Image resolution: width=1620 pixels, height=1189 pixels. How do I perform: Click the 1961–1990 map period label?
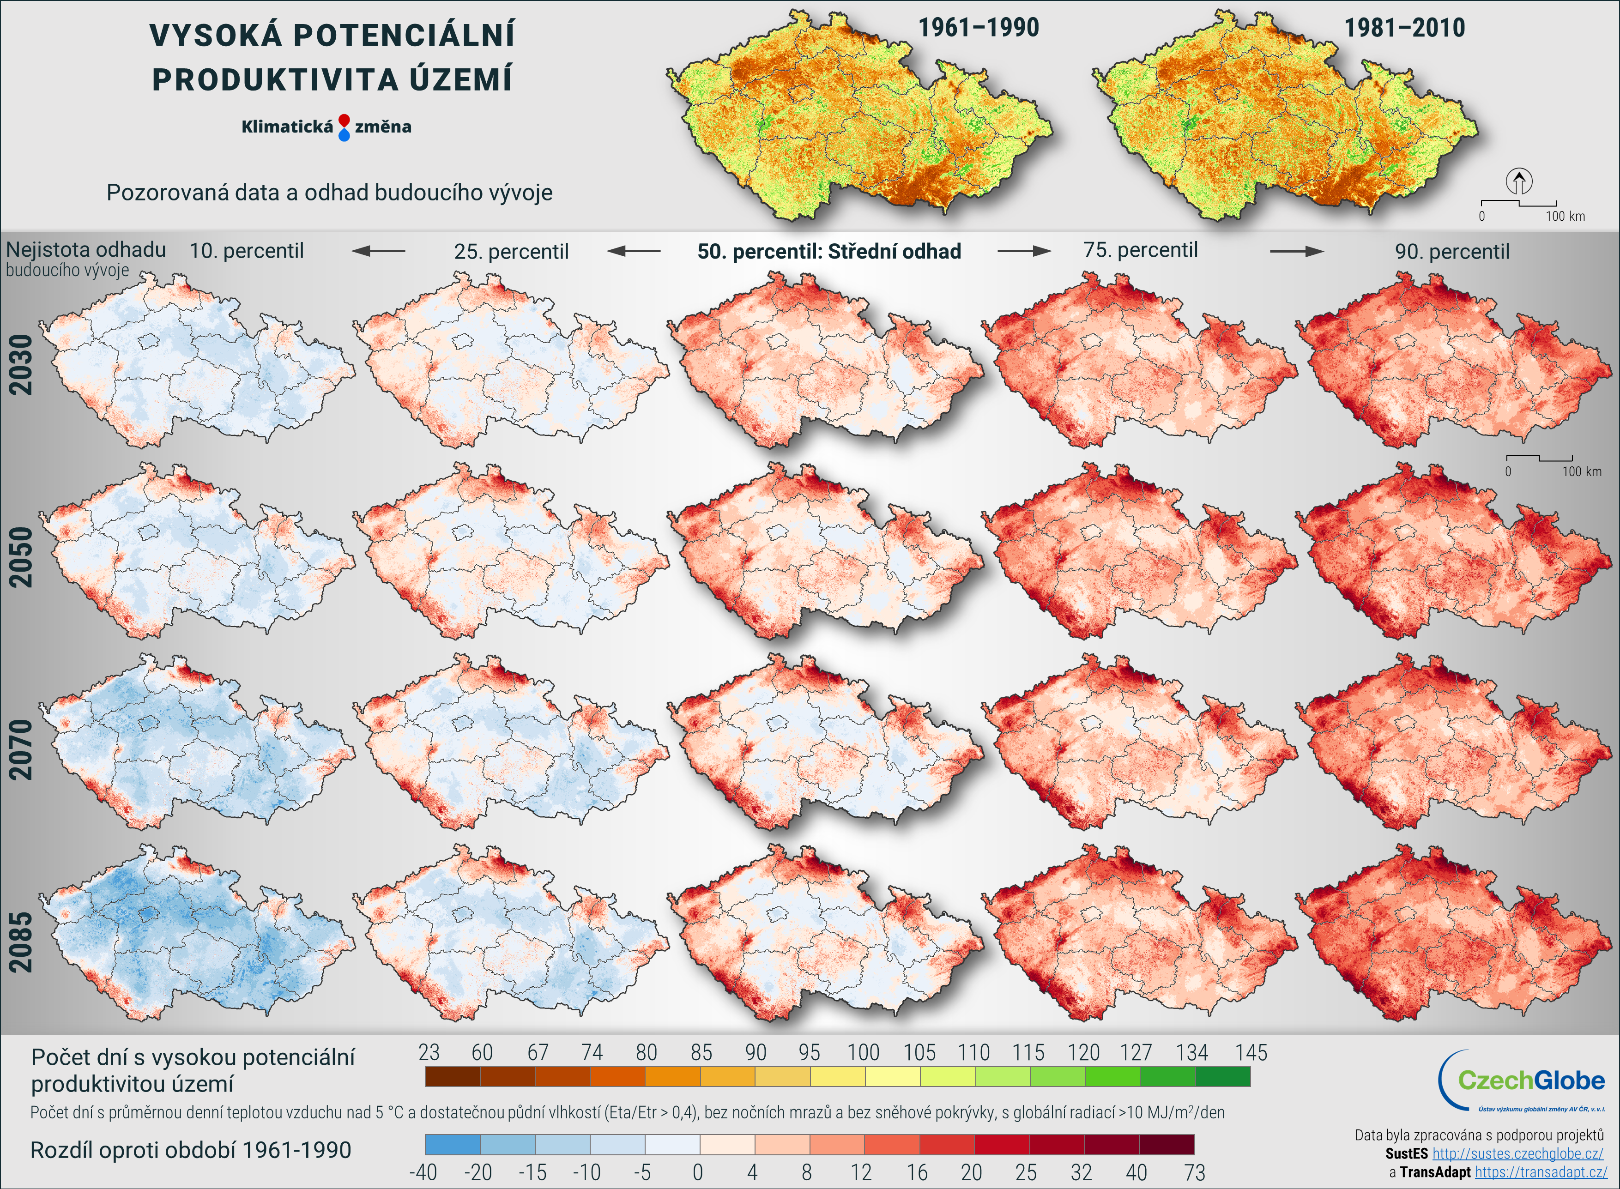click(x=978, y=28)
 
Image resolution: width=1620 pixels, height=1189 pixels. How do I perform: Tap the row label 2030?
click(x=21, y=364)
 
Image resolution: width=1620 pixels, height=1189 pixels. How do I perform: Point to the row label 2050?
click(x=21, y=557)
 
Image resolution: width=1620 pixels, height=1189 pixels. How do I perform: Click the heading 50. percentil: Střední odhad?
click(x=829, y=251)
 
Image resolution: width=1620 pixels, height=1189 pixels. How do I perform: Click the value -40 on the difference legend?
click(x=423, y=1172)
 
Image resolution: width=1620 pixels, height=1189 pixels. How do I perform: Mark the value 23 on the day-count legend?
click(x=429, y=1052)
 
